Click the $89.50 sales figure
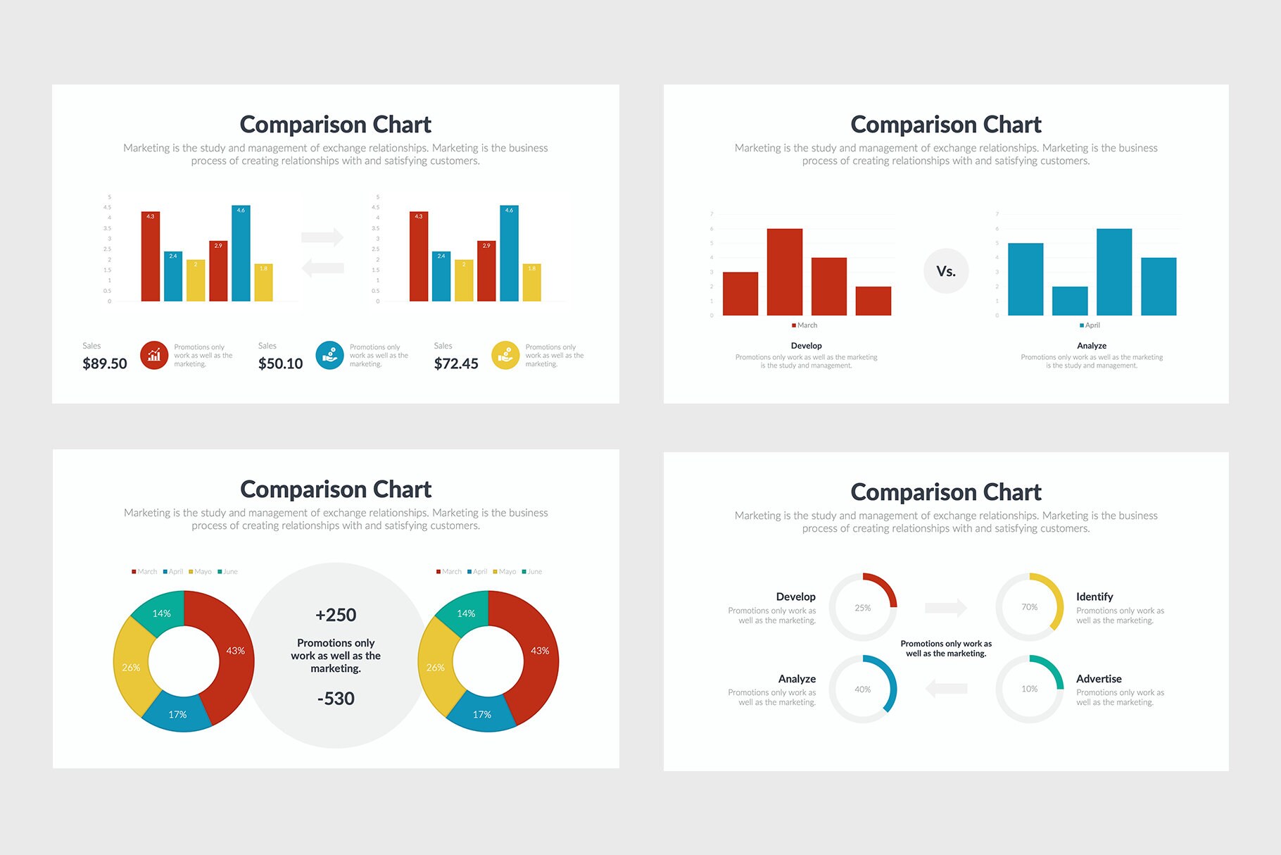(105, 363)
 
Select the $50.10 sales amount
(280, 363)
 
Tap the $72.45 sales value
(456, 363)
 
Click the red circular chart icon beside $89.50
(154, 355)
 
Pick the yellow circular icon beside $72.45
(505, 355)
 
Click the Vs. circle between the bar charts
(946, 271)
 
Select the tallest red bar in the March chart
(784, 271)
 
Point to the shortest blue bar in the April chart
(1069, 301)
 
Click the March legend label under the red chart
(807, 325)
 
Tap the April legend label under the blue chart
(1092, 325)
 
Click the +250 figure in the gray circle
(336, 615)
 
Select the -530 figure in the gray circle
(336, 699)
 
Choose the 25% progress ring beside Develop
(863, 607)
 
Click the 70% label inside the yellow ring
(1029, 607)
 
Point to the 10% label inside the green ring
(1029, 689)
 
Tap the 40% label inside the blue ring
(863, 689)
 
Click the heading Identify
(1094, 597)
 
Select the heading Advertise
(1099, 679)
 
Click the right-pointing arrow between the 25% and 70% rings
(946, 607)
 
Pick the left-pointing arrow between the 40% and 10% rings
(946, 688)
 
